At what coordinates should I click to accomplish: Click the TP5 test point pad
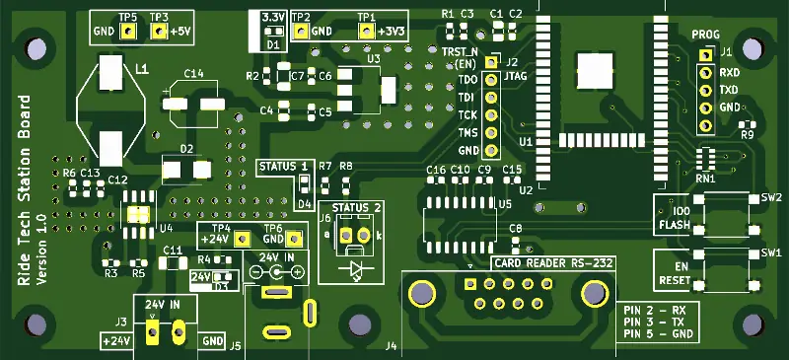click(128, 32)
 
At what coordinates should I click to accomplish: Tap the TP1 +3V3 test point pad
click(367, 32)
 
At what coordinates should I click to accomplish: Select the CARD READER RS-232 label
click(553, 263)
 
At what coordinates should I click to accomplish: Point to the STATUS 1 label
click(284, 165)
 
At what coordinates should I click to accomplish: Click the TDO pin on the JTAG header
click(491, 79)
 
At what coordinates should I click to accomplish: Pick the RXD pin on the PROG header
click(706, 72)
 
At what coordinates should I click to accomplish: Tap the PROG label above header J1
click(705, 35)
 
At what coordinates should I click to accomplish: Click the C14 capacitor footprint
click(193, 103)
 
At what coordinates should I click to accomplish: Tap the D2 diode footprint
click(185, 169)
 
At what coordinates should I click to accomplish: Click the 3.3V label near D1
click(273, 18)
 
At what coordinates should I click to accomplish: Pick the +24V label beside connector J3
click(115, 340)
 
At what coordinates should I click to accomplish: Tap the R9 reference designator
click(747, 134)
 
